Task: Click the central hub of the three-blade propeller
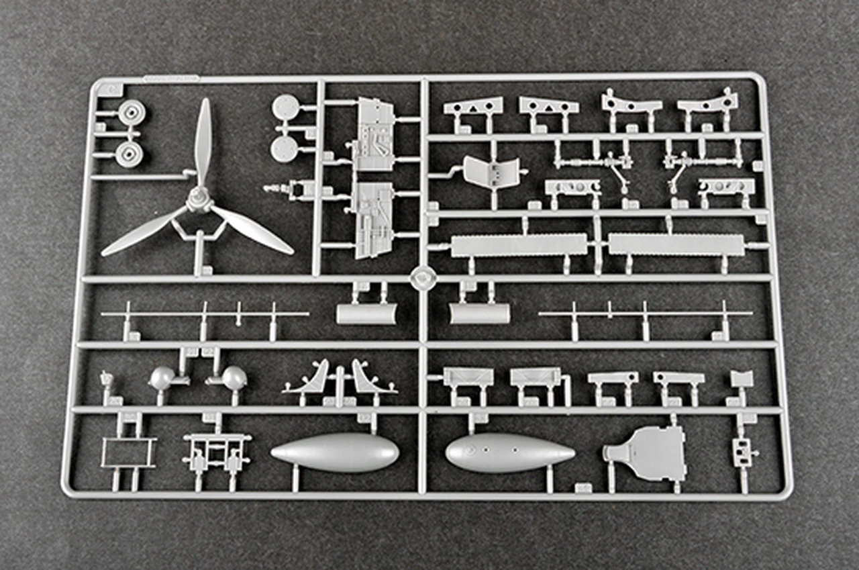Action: point(199,199)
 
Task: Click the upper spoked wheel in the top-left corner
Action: point(132,112)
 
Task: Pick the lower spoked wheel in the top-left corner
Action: point(129,153)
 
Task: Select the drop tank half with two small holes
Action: point(510,452)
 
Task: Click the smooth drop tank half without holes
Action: point(335,452)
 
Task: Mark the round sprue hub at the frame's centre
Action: point(421,277)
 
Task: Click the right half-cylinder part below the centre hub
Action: point(479,314)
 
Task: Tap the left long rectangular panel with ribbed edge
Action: point(519,245)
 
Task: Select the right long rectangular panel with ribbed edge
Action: point(676,244)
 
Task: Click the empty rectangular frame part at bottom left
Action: point(128,453)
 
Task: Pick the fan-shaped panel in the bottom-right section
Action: point(646,453)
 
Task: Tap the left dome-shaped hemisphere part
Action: point(162,379)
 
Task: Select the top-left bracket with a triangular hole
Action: point(473,106)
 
